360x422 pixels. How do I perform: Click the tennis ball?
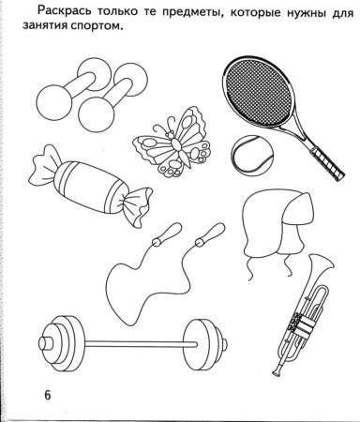(x=252, y=156)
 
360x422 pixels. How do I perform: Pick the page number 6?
(x=47, y=395)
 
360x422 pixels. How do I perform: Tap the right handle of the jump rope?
(x=210, y=234)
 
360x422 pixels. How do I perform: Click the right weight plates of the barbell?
(x=205, y=344)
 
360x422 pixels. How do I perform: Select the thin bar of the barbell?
(x=142, y=344)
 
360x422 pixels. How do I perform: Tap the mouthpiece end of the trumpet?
(x=277, y=372)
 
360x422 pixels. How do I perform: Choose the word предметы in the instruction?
(x=195, y=12)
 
